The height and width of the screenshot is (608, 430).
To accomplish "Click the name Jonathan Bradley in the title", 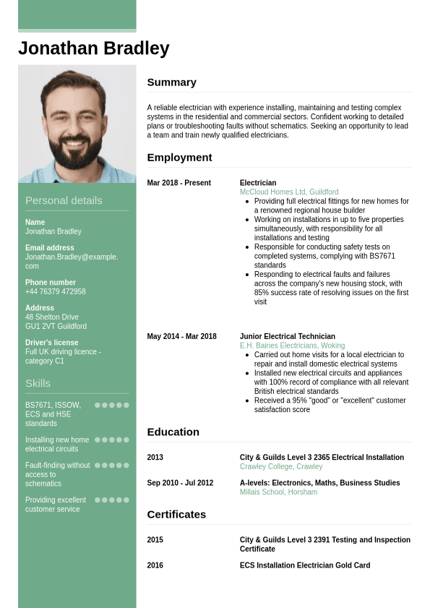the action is (93, 48).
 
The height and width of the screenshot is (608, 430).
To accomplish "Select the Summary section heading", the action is (171, 82).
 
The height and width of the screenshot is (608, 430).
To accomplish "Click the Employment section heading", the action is (179, 158).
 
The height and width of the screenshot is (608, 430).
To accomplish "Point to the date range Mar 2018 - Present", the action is (179, 183).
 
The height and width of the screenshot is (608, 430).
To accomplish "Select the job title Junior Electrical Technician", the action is (287, 336).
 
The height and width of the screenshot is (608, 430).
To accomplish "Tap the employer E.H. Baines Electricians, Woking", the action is (292, 346).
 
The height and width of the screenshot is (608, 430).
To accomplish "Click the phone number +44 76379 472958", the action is (55, 292).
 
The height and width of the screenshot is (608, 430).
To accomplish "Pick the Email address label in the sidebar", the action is (50, 248).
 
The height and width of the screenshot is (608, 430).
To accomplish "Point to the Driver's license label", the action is (52, 343).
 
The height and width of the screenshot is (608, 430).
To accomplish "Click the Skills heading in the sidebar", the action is (38, 383).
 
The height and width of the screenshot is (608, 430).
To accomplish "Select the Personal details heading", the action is (64, 201).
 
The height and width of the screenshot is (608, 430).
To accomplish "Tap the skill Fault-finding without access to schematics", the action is (57, 474).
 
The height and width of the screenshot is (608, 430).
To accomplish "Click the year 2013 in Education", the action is (155, 458).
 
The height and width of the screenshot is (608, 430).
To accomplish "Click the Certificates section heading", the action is (176, 515).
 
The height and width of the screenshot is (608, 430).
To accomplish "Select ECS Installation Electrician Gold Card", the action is (304, 565).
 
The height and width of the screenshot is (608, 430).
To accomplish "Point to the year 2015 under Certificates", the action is (155, 540).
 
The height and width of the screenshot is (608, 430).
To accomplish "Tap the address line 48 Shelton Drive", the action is (52, 317).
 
